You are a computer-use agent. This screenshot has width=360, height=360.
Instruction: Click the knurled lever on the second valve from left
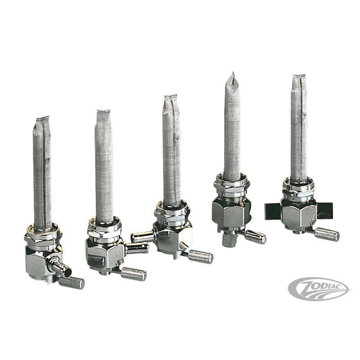133,273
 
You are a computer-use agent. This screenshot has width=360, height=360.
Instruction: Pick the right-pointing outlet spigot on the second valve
137,248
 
